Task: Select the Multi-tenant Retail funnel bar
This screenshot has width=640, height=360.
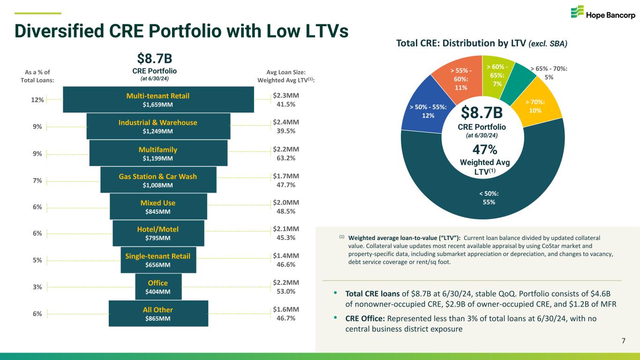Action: [x=158, y=100]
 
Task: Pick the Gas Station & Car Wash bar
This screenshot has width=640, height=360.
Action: [x=158, y=180]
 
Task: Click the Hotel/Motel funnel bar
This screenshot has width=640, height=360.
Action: [x=158, y=233]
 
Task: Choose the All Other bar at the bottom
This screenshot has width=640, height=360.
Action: [x=158, y=314]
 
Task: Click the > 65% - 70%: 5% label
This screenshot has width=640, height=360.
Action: [x=549, y=72]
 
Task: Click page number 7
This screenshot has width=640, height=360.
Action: [x=623, y=340]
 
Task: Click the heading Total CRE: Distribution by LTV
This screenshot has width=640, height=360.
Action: [x=462, y=44]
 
